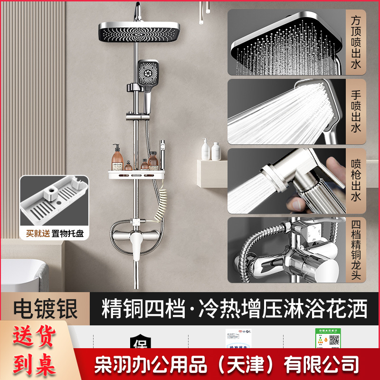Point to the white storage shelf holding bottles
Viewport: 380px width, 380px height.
[135, 176]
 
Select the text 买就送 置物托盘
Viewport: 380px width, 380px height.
[55, 234]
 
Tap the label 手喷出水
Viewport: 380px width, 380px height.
[356, 112]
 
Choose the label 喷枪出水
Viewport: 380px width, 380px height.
[356, 181]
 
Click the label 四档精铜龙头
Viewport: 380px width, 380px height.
[356, 249]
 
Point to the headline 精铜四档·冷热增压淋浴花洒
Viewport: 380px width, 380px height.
[235, 309]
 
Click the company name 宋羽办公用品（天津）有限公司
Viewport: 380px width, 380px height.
[227, 365]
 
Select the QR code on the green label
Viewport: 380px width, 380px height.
[334, 340]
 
